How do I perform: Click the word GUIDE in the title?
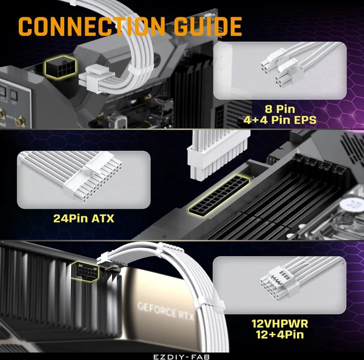click(x=208, y=26)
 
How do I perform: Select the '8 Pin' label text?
click(x=280, y=109)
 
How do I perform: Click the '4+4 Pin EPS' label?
click(x=280, y=120)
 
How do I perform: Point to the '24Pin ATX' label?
click(x=84, y=218)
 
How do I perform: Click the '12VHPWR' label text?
click(x=280, y=324)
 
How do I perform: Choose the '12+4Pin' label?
click(x=280, y=335)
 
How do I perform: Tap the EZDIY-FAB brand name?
click(x=181, y=357)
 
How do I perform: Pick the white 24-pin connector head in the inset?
click(x=98, y=180)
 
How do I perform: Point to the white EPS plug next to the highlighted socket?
click(x=96, y=78)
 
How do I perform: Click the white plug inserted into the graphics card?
click(x=109, y=260)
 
